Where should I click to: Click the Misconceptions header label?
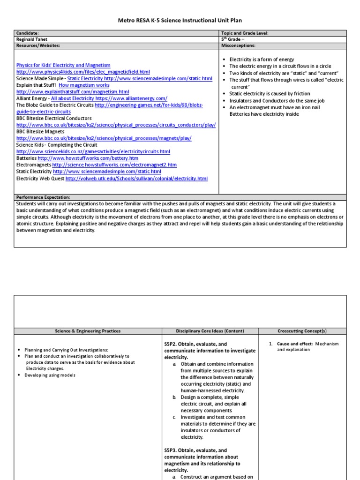pyautogui.click(x=238, y=45)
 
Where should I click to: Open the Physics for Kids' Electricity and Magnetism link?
pyautogui.click(x=63, y=65)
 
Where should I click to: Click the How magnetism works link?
pyautogui.click(x=84, y=85)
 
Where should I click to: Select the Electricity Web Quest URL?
pyautogui.click(x=136, y=179)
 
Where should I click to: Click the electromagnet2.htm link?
pyautogui.click(x=114, y=165)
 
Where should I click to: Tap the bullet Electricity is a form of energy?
pyautogui.click(x=262, y=60)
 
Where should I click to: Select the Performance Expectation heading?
pyautogui.click(x=43, y=198)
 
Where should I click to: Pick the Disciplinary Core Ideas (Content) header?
pyautogui.click(x=210, y=331)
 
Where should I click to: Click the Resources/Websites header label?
pyautogui.click(x=38, y=45)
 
